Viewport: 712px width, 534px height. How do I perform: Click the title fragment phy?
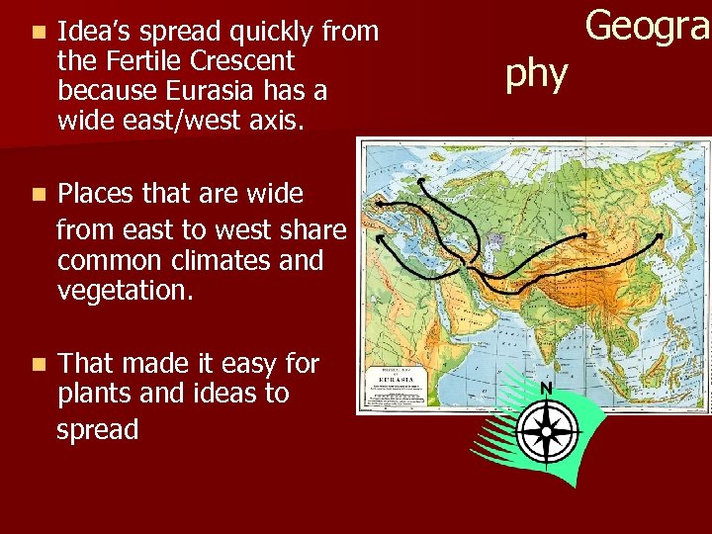tap(537, 73)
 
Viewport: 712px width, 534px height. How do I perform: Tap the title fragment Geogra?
tap(648, 25)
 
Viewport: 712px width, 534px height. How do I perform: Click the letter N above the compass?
tap(546, 388)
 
